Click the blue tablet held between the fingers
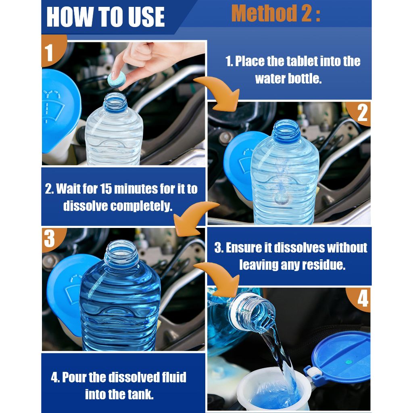(117, 79)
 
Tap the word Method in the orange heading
(264, 13)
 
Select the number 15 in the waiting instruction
(106, 189)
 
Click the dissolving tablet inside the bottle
(281, 197)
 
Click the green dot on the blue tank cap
(348, 363)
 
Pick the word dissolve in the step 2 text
(86, 206)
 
